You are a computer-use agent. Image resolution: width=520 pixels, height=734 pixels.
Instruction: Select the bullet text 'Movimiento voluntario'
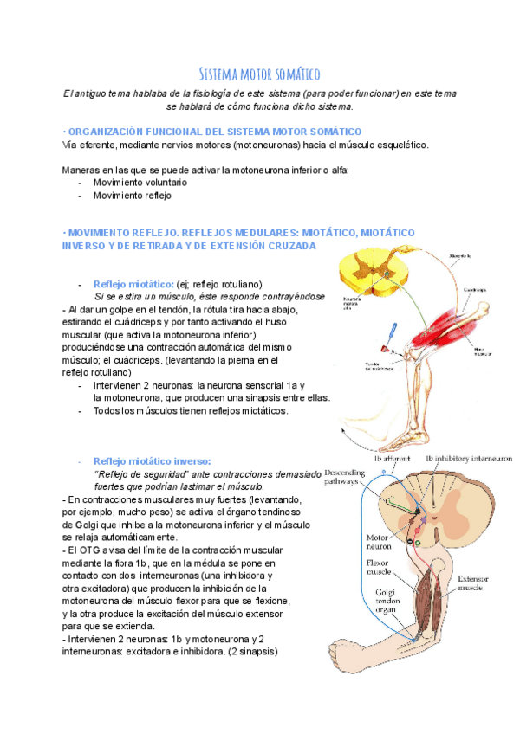coord(140,183)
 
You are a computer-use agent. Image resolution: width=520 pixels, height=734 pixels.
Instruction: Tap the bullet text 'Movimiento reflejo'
coord(133,196)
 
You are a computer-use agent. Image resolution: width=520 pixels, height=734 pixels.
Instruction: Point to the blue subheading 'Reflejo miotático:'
coord(133,284)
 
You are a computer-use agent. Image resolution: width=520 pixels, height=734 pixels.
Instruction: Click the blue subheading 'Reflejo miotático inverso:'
coord(152,460)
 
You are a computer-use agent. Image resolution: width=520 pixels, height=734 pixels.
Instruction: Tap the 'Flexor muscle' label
coord(357,567)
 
